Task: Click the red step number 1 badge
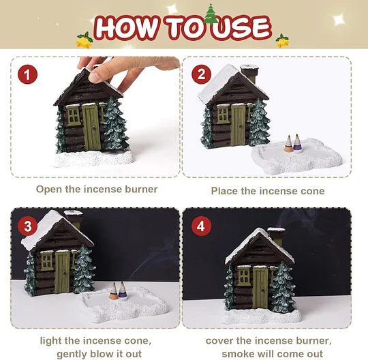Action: [27, 74]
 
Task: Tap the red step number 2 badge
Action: [201, 74]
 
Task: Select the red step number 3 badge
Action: [27, 226]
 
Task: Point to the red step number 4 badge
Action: [201, 226]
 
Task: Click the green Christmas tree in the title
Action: [211, 14]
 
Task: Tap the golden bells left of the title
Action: [85, 40]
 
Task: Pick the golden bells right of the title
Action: [282, 41]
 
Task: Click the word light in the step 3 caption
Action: [51, 341]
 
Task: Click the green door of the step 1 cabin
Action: [91, 127]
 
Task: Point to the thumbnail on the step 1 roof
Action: [95, 76]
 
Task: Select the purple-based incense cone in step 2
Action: [297, 143]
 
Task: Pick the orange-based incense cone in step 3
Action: [114, 291]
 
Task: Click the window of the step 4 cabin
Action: [244, 276]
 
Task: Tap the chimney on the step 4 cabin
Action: [277, 237]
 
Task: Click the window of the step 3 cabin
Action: [47, 261]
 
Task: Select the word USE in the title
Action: [240, 29]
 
